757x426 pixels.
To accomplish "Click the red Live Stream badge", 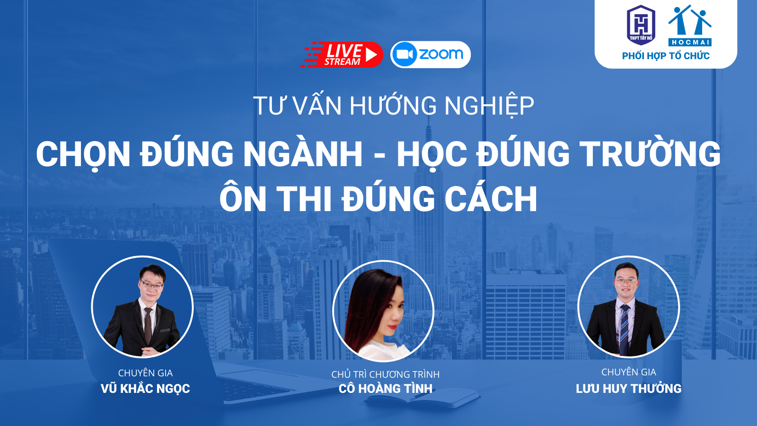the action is point(342,54).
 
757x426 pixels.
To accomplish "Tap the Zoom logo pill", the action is point(430,54).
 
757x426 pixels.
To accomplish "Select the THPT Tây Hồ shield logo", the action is point(641,25).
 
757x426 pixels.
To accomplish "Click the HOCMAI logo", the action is point(690,26).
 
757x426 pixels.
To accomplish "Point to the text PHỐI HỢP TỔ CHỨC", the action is point(666,56).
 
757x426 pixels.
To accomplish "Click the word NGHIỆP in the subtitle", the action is point(489,106).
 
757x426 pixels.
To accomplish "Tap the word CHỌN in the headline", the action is point(83,155).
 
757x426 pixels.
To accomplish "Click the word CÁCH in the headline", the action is point(491,198).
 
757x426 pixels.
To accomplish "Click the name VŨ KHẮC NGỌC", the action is point(145,389).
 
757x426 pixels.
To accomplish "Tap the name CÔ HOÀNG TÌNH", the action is point(385,389).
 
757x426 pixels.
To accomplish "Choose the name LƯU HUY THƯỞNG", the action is point(629,388).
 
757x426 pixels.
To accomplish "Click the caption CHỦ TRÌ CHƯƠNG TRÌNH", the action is point(385,374).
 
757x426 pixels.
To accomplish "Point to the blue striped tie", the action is point(624,329).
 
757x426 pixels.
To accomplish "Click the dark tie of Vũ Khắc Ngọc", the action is point(148,326).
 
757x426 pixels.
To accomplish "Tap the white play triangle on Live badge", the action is point(371,55).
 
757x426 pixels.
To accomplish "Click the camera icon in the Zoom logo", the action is point(405,54).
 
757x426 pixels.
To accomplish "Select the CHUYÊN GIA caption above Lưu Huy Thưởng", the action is point(629,372).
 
